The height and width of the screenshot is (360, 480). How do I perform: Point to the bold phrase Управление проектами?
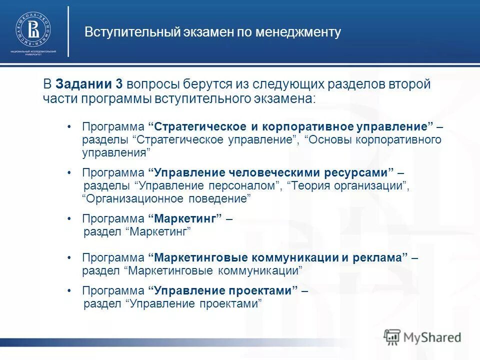click(x=223, y=290)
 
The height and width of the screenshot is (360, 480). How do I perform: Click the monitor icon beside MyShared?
click(x=392, y=337)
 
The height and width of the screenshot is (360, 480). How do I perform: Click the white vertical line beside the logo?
click(x=68, y=31)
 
